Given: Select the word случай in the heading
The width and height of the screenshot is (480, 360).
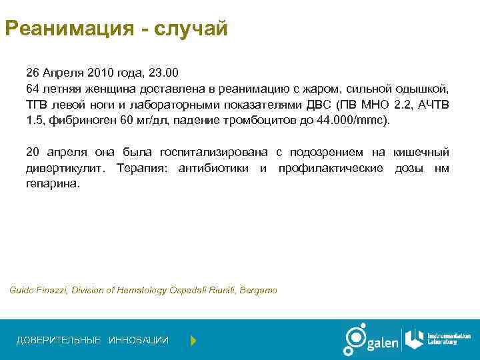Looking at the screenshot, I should click(191, 30).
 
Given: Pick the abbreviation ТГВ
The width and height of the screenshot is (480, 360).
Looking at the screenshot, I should click(37, 105).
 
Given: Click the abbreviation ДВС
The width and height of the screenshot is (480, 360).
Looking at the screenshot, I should click(320, 105).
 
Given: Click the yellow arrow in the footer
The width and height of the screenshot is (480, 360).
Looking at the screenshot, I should click(193, 341).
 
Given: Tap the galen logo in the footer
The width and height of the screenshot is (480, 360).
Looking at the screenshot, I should click(370, 340).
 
